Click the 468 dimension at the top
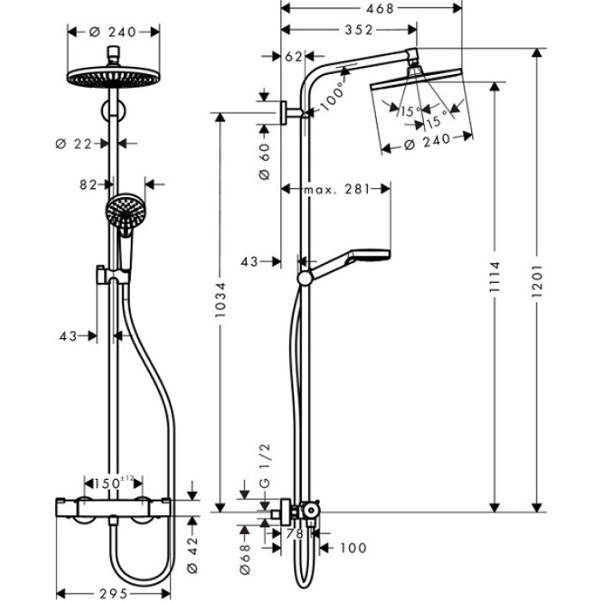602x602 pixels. [x=372, y=9]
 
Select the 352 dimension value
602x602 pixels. [x=353, y=30]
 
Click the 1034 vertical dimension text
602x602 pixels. [x=220, y=300]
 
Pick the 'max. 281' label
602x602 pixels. [x=335, y=188]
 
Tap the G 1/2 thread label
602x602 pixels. [x=264, y=464]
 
